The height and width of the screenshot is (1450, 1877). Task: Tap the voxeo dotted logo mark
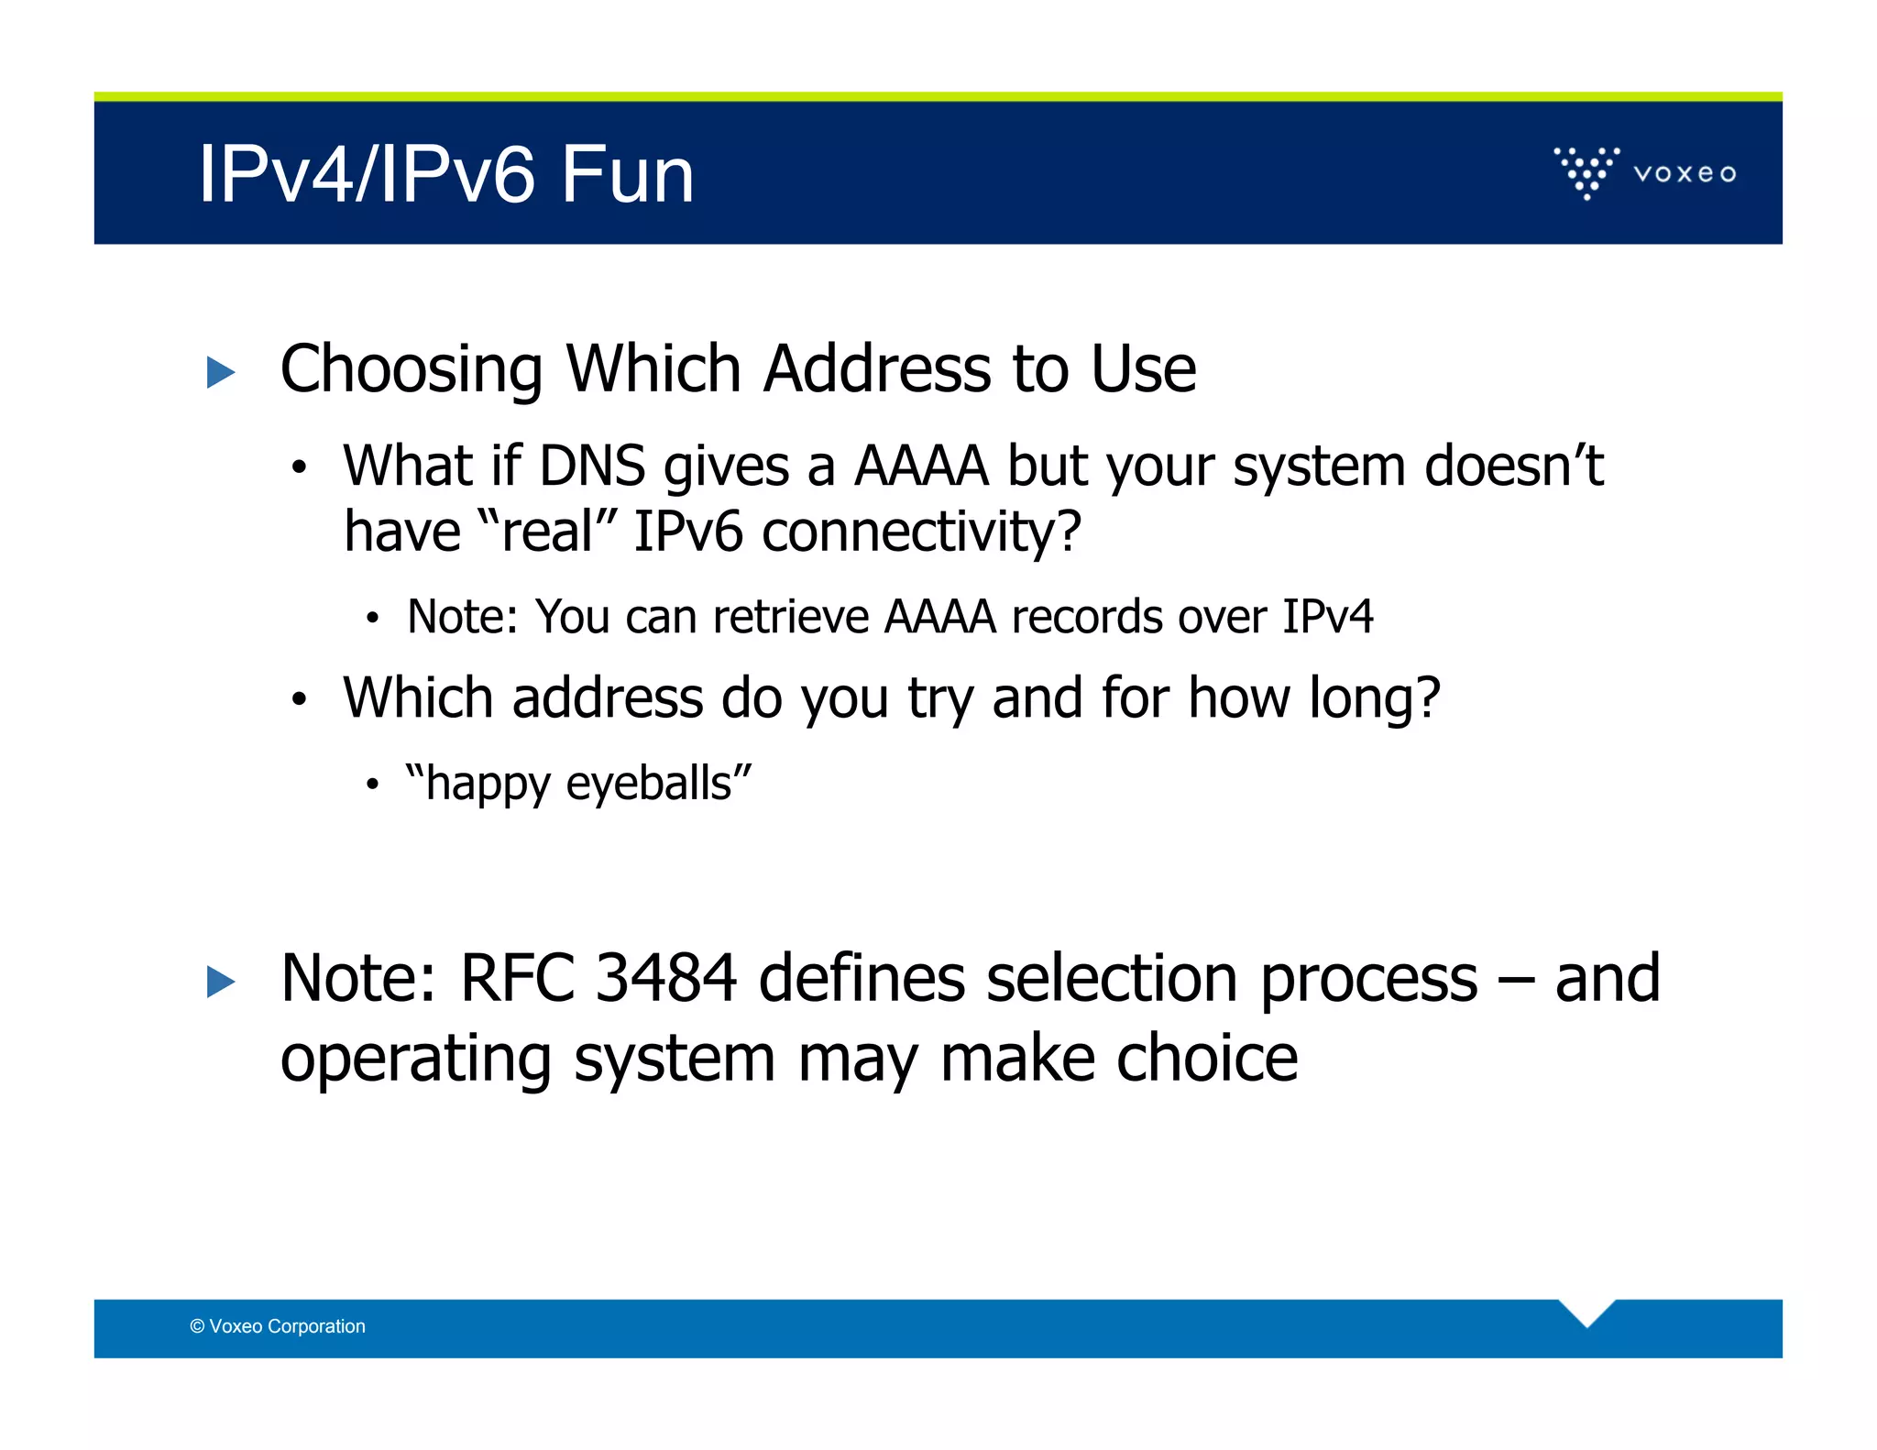1586,171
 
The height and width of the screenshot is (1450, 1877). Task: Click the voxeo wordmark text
1685,173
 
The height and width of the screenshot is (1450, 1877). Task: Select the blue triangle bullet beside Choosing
221,372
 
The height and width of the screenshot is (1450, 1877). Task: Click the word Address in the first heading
877,368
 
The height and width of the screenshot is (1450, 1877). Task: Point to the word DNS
591,466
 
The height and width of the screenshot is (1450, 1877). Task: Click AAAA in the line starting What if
921,466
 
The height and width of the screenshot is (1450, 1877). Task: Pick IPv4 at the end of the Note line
1327,616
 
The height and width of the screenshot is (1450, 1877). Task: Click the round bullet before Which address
298,699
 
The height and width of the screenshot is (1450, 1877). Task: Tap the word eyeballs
649,784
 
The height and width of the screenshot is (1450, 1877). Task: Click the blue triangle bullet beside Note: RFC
221,982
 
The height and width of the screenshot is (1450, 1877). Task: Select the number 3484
665,978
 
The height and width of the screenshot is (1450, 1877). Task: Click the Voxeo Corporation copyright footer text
278,1326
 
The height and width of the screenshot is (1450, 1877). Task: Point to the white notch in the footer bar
1586,1310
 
